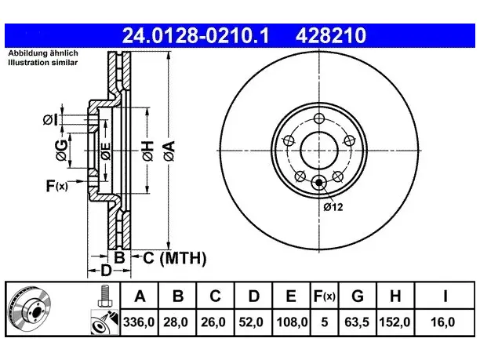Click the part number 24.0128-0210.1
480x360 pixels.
[x=195, y=35]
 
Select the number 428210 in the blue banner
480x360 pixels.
[x=331, y=35]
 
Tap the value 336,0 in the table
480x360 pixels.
[x=139, y=322]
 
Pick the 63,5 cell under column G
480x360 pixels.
[x=358, y=322]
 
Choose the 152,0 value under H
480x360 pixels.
[x=395, y=322]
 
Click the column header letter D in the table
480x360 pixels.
[x=254, y=296]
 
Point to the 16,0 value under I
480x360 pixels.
[x=442, y=322]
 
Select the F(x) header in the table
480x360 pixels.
[x=325, y=296]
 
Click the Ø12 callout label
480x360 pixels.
[x=333, y=207]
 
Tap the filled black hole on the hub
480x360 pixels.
[x=319, y=183]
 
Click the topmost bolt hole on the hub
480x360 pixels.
[x=319, y=118]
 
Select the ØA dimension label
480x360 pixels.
[x=169, y=151]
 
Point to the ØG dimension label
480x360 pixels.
[x=61, y=150]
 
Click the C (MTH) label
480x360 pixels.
[x=175, y=258]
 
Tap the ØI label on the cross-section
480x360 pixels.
[x=50, y=119]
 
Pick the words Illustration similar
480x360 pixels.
[x=43, y=63]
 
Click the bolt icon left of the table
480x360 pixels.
[x=105, y=296]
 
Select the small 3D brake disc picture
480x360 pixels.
[x=29, y=308]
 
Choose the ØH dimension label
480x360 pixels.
[x=147, y=151]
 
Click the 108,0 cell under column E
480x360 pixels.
[x=292, y=322]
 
